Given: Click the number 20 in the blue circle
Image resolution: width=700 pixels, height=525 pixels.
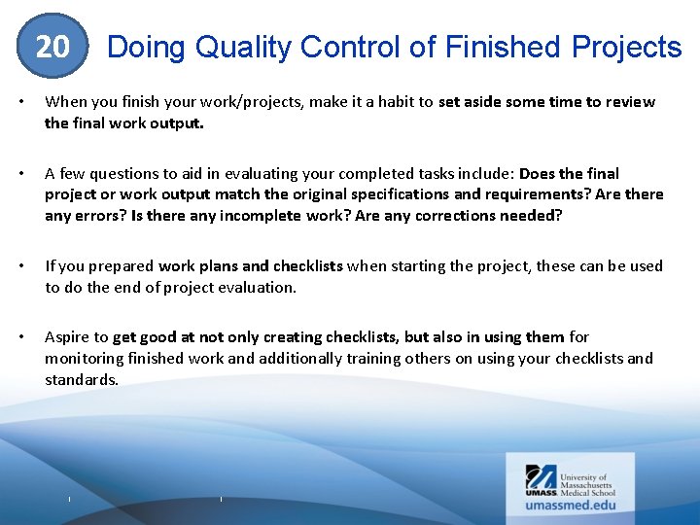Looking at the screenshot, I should pyautogui.click(x=52, y=47).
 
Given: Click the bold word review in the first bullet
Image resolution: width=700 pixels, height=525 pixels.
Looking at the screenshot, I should pyautogui.click(x=630, y=102).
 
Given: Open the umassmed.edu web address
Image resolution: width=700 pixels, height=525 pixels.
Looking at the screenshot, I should pyautogui.click(x=570, y=505).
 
